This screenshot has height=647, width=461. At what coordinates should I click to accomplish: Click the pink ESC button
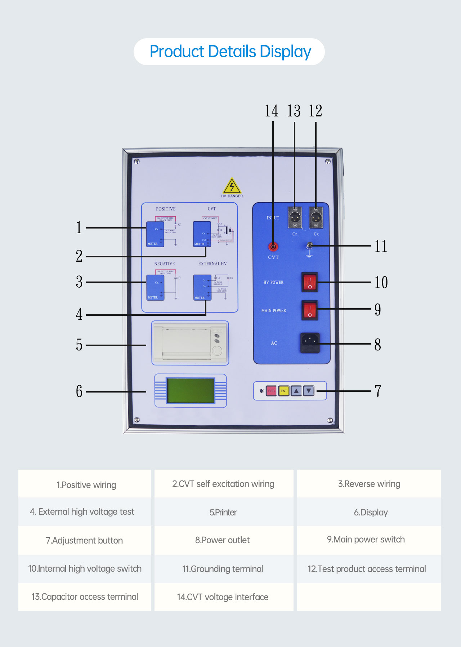click(271, 391)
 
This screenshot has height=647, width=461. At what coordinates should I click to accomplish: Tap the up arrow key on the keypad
click(296, 391)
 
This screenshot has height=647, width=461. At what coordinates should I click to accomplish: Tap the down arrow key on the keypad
click(309, 391)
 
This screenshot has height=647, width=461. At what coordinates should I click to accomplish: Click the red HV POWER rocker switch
click(310, 282)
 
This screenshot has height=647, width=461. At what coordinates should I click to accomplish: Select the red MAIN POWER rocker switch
click(310, 310)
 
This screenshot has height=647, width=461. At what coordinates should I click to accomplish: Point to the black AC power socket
click(310, 342)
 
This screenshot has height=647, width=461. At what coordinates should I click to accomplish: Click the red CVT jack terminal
click(273, 247)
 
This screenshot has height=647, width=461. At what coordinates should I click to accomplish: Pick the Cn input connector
click(295, 218)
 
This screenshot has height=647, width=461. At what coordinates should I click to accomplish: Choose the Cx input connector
click(316, 218)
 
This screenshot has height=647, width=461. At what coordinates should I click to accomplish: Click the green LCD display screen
click(191, 391)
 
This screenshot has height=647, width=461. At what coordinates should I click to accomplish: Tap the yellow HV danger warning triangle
click(232, 186)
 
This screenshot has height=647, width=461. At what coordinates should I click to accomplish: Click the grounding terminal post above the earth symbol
click(309, 246)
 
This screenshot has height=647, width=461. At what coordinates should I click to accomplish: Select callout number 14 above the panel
click(272, 111)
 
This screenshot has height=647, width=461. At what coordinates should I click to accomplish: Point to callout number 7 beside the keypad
click(378, 391)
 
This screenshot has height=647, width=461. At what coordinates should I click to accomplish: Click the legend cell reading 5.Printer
click(223, 512)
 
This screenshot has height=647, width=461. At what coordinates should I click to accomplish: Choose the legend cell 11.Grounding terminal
click(223, 569)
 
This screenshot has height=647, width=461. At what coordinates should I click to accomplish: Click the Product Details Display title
click(230, 52)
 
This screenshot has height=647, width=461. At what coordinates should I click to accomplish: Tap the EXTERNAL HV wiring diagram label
click(212, 264)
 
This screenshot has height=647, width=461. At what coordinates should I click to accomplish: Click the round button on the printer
click(217, 350)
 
